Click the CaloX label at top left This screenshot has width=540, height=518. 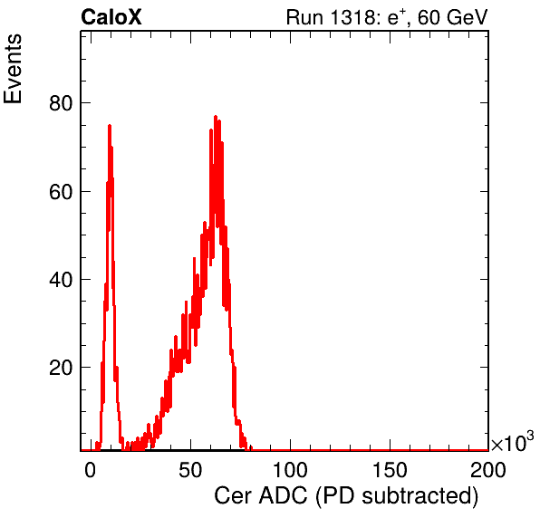[111, 17]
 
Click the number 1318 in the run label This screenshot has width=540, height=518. [352, 17]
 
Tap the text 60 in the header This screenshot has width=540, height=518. [429, 17]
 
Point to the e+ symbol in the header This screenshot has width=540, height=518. [393, 17]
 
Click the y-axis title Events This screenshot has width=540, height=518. [13, 69]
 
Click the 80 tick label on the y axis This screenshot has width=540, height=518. [61, 103]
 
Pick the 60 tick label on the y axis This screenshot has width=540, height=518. [61, 192]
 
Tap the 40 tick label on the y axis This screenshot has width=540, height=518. [61, 280]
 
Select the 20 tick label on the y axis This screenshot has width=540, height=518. [61, 368]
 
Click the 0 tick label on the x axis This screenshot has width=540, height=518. [91, 470]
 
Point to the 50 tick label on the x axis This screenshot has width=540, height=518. [190, 470]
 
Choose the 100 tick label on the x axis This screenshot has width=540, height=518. [290, 470]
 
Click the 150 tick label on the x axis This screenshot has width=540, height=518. [390, 470]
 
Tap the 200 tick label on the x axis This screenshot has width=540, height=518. [488, 470]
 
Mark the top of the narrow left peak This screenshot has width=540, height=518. [110, 125]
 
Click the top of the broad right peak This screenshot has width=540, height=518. [216, 116]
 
